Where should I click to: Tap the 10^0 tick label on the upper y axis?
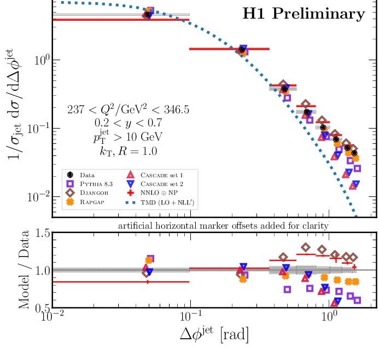pyautogui.click(x=39, y=60)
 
